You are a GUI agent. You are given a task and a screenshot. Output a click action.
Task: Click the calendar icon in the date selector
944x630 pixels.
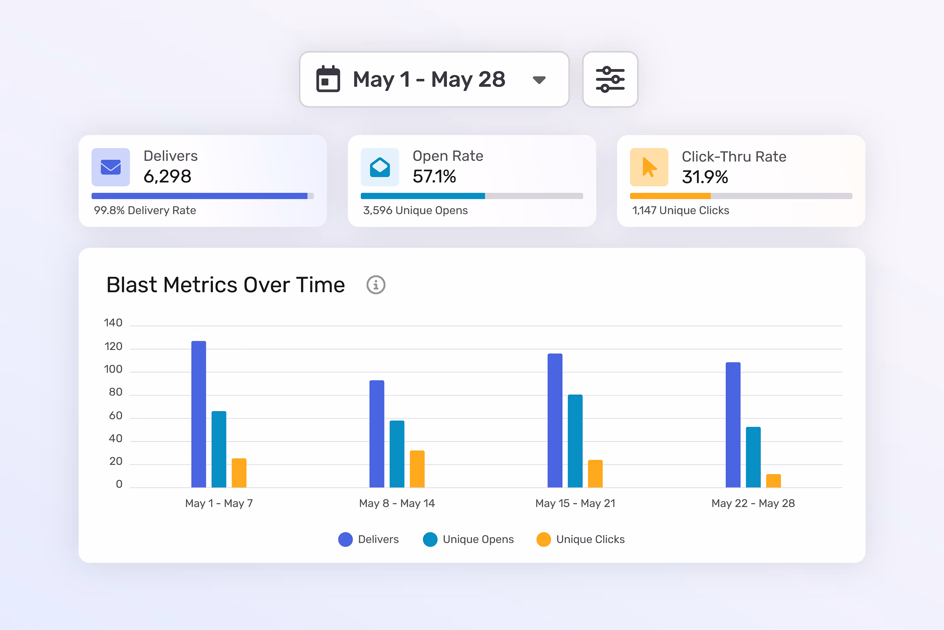point(328,79)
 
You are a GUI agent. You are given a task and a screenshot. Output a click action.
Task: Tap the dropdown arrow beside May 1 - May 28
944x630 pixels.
point(539,80)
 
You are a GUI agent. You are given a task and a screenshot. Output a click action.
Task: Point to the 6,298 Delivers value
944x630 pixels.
point(167,176)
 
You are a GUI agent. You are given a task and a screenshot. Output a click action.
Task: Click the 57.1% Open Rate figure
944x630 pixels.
point(434,176)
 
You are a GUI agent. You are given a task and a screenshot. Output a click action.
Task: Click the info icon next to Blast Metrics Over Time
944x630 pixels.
point(376,285)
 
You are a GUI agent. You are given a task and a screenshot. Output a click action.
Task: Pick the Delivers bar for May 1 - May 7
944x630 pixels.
point(199,414)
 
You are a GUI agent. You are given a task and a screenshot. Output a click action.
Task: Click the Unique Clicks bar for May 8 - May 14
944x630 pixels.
point(417,469)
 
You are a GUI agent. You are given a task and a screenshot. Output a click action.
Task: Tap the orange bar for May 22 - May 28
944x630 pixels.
point(773,481)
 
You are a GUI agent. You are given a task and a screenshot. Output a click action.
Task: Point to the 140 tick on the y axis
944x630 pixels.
point(113,323)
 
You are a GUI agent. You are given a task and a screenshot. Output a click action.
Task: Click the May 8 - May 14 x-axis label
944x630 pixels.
point(397,503)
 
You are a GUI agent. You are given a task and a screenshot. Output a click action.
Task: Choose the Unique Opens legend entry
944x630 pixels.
point(469,539)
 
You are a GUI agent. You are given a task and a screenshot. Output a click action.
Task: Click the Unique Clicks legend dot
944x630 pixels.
point(543,539)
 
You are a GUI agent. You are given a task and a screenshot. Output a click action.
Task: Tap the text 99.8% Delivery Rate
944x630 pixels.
point(145,210)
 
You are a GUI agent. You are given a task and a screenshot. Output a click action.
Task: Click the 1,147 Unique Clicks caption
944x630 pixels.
point(680,210)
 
